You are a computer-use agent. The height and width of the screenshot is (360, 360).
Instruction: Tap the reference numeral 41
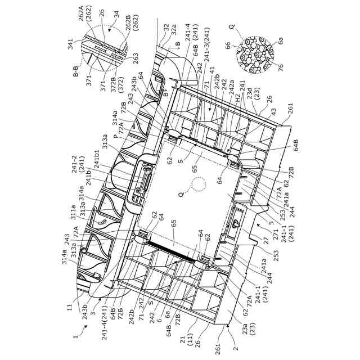[213, 72]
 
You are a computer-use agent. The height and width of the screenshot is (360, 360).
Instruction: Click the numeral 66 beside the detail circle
[228, 46]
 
